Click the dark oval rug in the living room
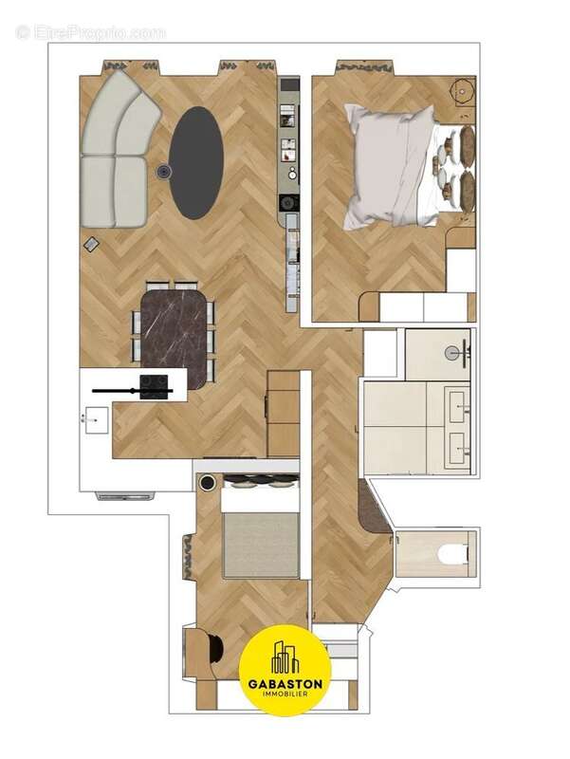[196, 162]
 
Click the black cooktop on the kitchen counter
[154, 383]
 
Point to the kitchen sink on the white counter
[95, 417]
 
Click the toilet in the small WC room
[452, 553]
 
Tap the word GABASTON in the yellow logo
[285, 683]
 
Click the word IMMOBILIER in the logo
[285, 696]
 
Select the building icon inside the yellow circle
[285, 657]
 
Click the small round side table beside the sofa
[164, 172]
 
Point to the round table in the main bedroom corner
[463, 91]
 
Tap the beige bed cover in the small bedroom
[261, 546]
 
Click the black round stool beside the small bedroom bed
[208, 483]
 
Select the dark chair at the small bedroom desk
[214, 649]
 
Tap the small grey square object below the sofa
[92, 244]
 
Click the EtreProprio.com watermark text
[90, 32]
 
